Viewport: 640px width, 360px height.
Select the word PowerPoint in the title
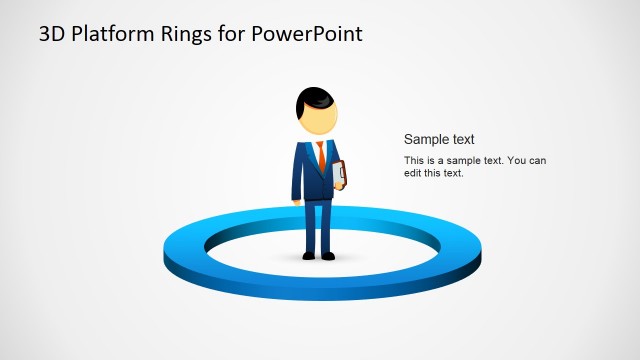[307, 35]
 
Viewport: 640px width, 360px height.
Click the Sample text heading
[439, 140]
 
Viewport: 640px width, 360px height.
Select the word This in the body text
[414, 161]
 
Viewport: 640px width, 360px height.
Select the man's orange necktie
[321, 155]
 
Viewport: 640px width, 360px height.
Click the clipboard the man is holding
[340, 175]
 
